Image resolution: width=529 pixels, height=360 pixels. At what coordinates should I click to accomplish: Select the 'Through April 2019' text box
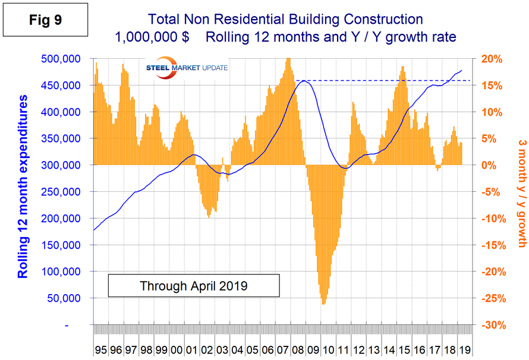point(193,286)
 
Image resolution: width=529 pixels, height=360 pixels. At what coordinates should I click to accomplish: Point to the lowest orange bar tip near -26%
point(323,304)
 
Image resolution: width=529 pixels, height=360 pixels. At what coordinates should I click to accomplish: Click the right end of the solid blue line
point(462,70)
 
